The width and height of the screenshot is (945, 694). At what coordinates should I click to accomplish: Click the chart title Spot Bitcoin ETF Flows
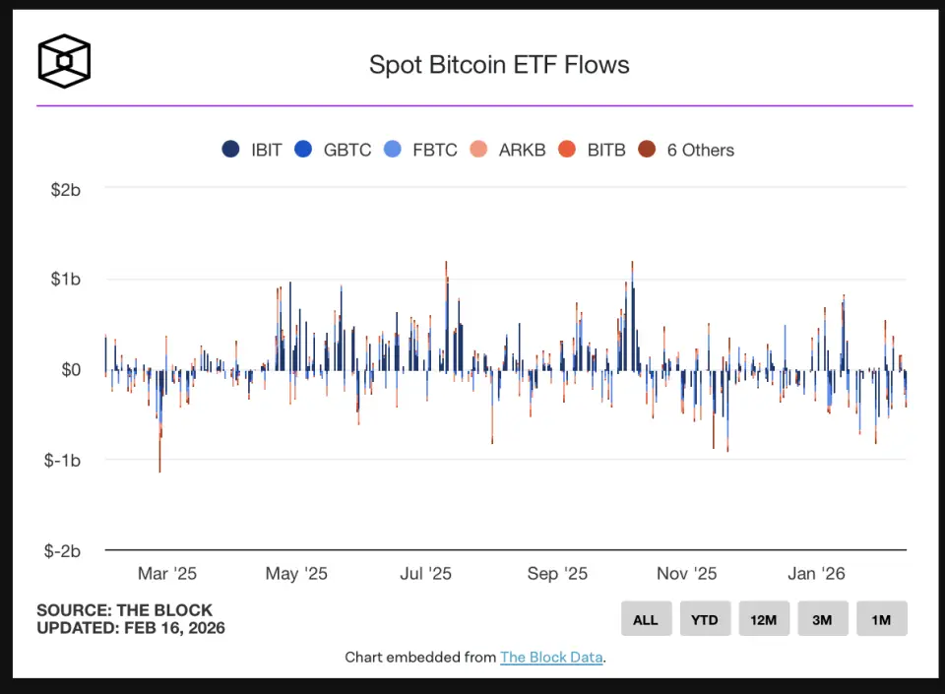[499, 65]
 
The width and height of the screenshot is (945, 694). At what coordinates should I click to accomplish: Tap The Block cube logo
[64, 61]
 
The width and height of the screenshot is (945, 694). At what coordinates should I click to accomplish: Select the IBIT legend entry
[253, 150]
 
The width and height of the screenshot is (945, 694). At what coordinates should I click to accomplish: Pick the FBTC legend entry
[422, 150]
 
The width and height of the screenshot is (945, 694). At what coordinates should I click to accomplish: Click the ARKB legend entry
[509, 150]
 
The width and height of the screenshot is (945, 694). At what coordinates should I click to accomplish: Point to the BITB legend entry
[593, 150]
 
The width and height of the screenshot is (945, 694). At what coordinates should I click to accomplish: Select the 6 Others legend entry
[686, 150]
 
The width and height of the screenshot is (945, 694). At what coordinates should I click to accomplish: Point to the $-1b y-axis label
[62, 461]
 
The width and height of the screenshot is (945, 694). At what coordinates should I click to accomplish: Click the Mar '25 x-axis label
[167, 574]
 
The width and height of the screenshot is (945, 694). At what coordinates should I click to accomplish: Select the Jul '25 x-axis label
[425, 574]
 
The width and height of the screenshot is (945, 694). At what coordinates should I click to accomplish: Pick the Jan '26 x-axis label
[816, 574]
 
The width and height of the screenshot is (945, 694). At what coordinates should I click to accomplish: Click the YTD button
[705, 619]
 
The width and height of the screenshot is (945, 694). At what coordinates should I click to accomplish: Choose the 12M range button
[764, 619]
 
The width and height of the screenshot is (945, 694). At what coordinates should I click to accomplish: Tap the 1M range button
[881, 619]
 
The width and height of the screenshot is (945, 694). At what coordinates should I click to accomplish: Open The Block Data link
[551, 658]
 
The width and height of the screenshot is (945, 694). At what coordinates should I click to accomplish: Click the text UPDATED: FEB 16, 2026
[131, 628]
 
